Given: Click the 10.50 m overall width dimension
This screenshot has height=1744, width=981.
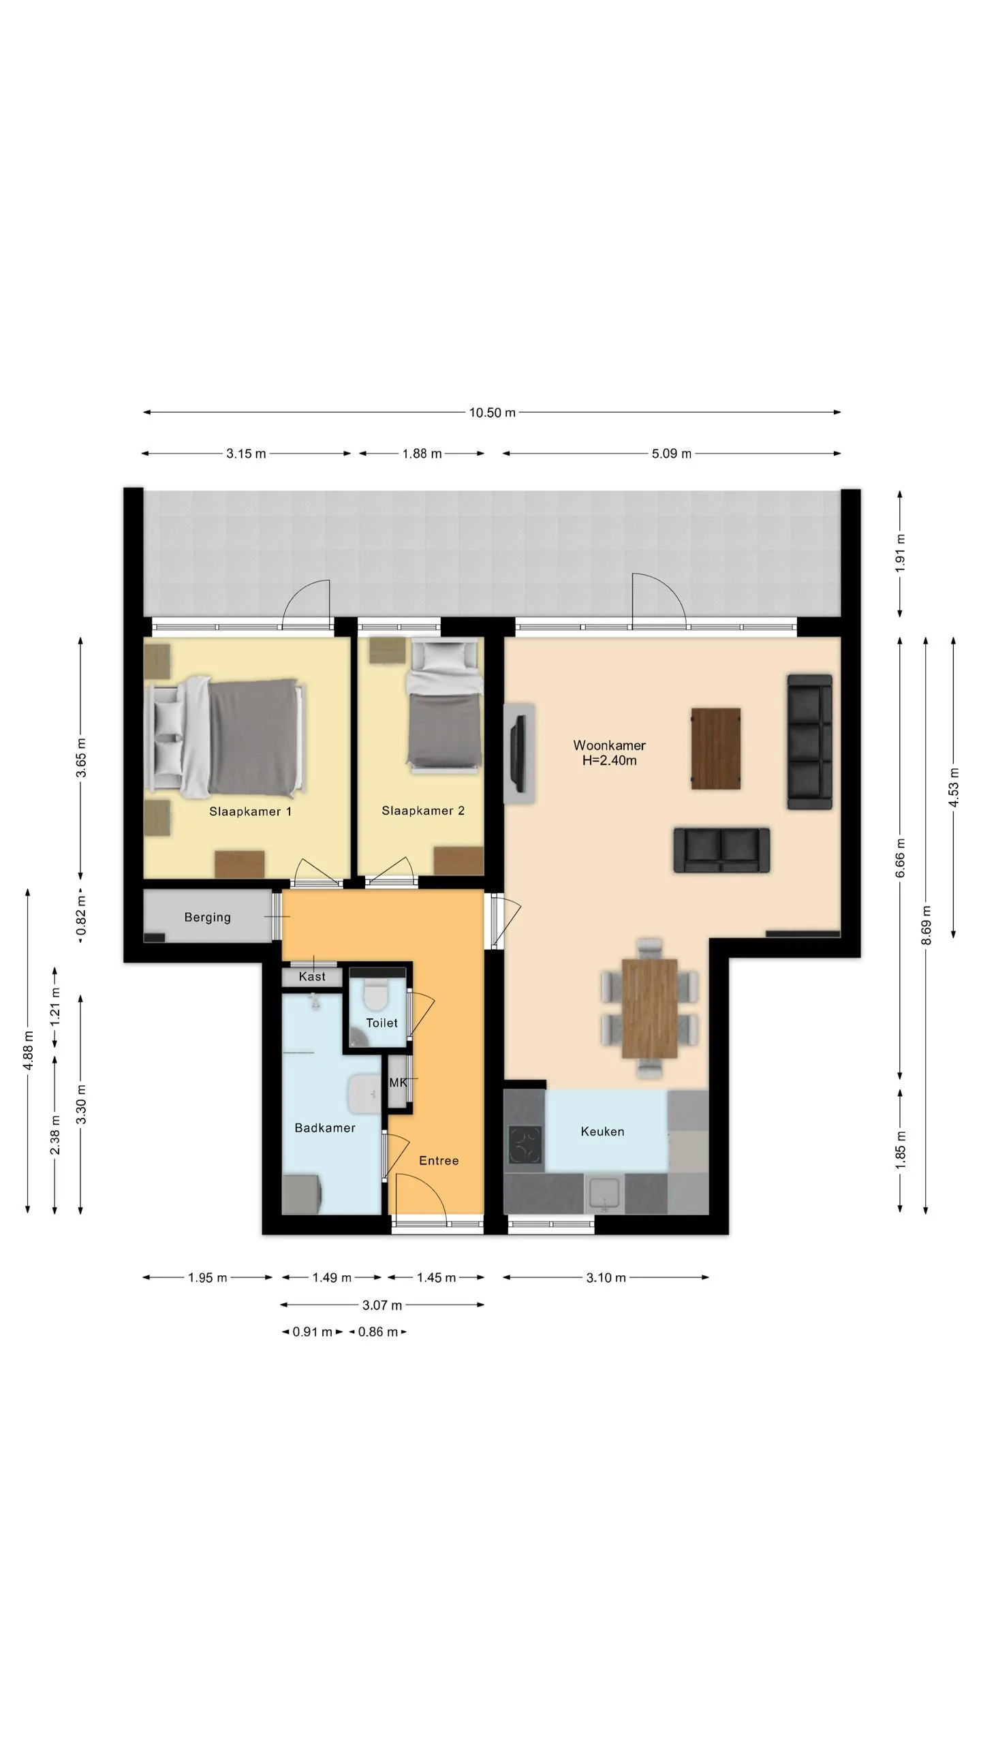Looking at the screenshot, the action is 492,412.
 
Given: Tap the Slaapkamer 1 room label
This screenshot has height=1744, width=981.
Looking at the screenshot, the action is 250,811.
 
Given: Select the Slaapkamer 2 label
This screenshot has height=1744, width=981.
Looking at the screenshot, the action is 423,811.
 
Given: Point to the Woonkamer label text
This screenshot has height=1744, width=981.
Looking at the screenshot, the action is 609,745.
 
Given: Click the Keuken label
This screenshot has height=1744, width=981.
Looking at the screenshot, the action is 602,1132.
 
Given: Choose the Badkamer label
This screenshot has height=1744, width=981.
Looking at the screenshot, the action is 325,1128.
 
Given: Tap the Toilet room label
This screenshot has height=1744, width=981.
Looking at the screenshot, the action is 381,1023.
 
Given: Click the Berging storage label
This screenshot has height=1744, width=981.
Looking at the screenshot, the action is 207,918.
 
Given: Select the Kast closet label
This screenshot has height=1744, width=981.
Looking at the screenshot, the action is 312,977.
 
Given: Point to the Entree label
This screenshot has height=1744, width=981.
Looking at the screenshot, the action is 439,1161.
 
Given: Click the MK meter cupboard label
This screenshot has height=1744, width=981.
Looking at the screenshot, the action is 398,1083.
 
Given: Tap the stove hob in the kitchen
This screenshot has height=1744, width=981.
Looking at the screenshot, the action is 525,1145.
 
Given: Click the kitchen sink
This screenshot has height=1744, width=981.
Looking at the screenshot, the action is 605,1194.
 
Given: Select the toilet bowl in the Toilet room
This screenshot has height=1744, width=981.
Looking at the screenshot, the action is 374,993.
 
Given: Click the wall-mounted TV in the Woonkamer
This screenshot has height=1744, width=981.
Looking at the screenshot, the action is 520,753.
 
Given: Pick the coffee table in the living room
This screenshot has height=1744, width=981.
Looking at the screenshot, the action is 716,749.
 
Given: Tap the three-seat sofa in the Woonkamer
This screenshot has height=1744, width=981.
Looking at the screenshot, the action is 809,742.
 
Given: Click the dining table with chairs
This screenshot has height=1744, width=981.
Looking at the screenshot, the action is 649,1008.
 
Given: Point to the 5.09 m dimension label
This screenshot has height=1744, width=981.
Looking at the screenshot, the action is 672,454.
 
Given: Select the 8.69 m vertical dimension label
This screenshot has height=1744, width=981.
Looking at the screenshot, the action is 926,925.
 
